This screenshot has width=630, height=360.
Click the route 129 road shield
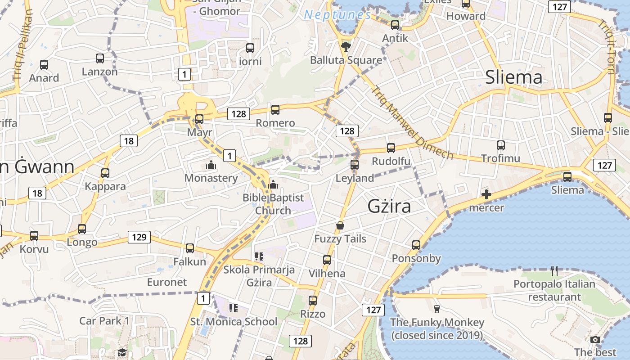coord(139,237)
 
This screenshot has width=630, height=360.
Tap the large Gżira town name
coord(389,206)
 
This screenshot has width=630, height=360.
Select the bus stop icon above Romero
coord(275,109)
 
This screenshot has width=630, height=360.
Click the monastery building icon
coord(211,165)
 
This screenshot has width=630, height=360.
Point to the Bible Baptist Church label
coord(273,204)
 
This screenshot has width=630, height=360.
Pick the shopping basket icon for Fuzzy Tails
coord(340,225)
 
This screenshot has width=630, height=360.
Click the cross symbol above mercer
coord(486,195)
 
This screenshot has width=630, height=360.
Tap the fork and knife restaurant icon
coord(554,270)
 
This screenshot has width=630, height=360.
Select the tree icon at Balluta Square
coord(346,46)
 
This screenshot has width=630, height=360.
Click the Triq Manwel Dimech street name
coord(411,122)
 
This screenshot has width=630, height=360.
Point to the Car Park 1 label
coord(104,321)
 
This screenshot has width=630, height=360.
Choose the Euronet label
coord(167,282)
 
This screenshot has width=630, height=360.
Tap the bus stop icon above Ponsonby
coord(416,245)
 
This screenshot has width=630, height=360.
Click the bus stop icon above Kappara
coord(105,173)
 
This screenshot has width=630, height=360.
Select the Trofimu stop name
coord(500,158)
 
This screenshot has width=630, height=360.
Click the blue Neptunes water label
coord(337,15)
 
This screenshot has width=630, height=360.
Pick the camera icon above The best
coord(595,339)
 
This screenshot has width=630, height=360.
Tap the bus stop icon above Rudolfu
coord(391,148)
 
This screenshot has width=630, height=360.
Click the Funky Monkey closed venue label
coord(437,329)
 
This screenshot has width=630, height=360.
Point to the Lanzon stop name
coord(99,72)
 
